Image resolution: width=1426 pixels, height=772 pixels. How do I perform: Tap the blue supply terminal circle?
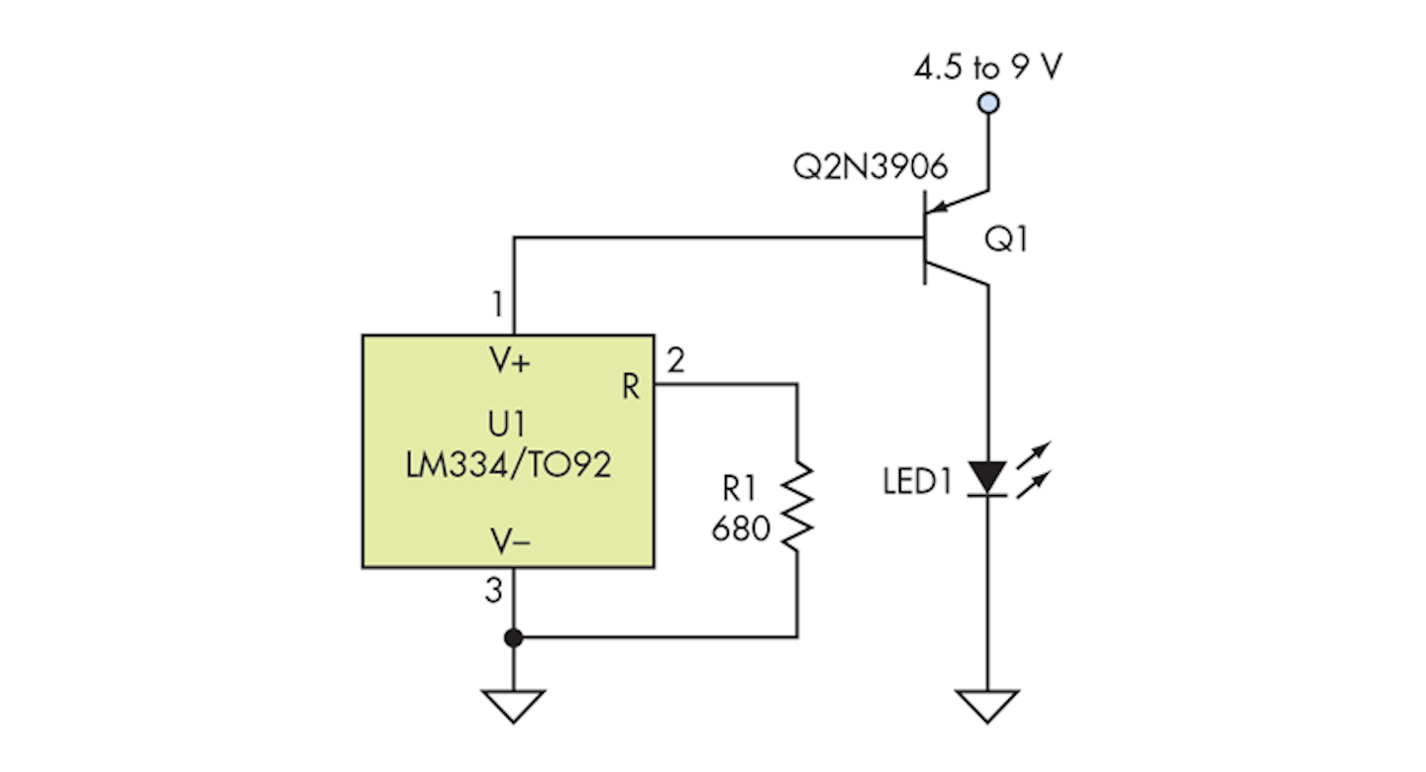pyautogui.click(x=987, y=103)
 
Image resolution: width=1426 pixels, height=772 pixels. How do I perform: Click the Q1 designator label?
pyautogui.click(x=1007, y=240)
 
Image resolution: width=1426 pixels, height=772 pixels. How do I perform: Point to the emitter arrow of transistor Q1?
pyautogui.click(x=947, y=204)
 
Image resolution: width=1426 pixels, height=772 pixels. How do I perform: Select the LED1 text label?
pyautogui.click(x=917, y=483)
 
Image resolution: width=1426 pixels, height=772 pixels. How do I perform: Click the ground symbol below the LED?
pyautogui.click(x=987, y=706)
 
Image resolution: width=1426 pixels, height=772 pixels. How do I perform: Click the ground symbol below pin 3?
pyautogui.click(x=513, y=706)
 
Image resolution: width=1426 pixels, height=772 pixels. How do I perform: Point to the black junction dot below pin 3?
pyautogui.click(x=513, y=637)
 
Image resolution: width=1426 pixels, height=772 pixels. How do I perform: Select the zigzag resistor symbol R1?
pyautogui.click(x=797, y=506)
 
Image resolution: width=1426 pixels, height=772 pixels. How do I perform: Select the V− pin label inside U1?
pyautogui.click(x=511, y=540)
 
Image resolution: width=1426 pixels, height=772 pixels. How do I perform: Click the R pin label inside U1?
pyautogui.click(x=630, y=388)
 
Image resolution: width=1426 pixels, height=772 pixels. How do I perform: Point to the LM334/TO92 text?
pyautogui.click(x=508, y=465)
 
